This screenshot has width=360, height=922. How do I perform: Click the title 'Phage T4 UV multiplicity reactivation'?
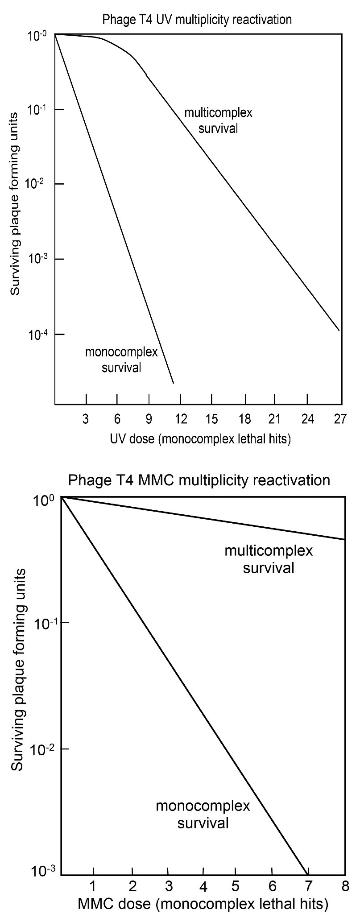click(197, 20)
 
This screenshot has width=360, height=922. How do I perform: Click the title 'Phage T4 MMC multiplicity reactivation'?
click(199, 480)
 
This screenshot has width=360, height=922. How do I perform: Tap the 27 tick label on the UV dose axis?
click(340, 420)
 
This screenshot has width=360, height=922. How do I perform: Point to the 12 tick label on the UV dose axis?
click(181, 420)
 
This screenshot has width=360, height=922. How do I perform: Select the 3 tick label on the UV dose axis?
click(86, 420)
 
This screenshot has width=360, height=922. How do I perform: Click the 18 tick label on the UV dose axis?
click(244, 420)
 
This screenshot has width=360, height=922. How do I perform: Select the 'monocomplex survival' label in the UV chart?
click(121, 360)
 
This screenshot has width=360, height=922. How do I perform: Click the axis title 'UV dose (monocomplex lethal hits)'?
click(200, 439)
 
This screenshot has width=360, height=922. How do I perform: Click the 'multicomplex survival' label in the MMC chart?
click(269, 559)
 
